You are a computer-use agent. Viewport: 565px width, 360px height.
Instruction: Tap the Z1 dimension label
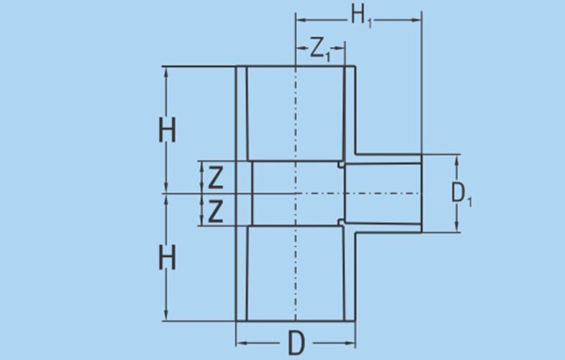coord(320,49)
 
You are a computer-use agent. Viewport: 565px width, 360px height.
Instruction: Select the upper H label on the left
coord(167,131)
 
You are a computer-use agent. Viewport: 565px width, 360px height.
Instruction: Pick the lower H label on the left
coord(167,256)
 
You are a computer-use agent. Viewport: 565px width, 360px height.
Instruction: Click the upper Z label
coord(215,177)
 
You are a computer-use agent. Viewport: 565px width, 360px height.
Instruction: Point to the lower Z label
coord(215,211)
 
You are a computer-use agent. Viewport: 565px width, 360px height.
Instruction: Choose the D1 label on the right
coord(461,194)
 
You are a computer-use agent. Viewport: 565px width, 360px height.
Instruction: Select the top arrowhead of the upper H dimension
coord(167,70)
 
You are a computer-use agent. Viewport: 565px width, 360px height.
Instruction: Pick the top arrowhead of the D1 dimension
coord(456,157)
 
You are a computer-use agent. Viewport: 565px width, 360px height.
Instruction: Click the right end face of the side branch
coord(421,193)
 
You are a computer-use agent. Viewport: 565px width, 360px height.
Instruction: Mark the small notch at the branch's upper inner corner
coord(339,165)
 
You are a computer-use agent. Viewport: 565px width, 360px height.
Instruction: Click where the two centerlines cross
coord(296,193)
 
